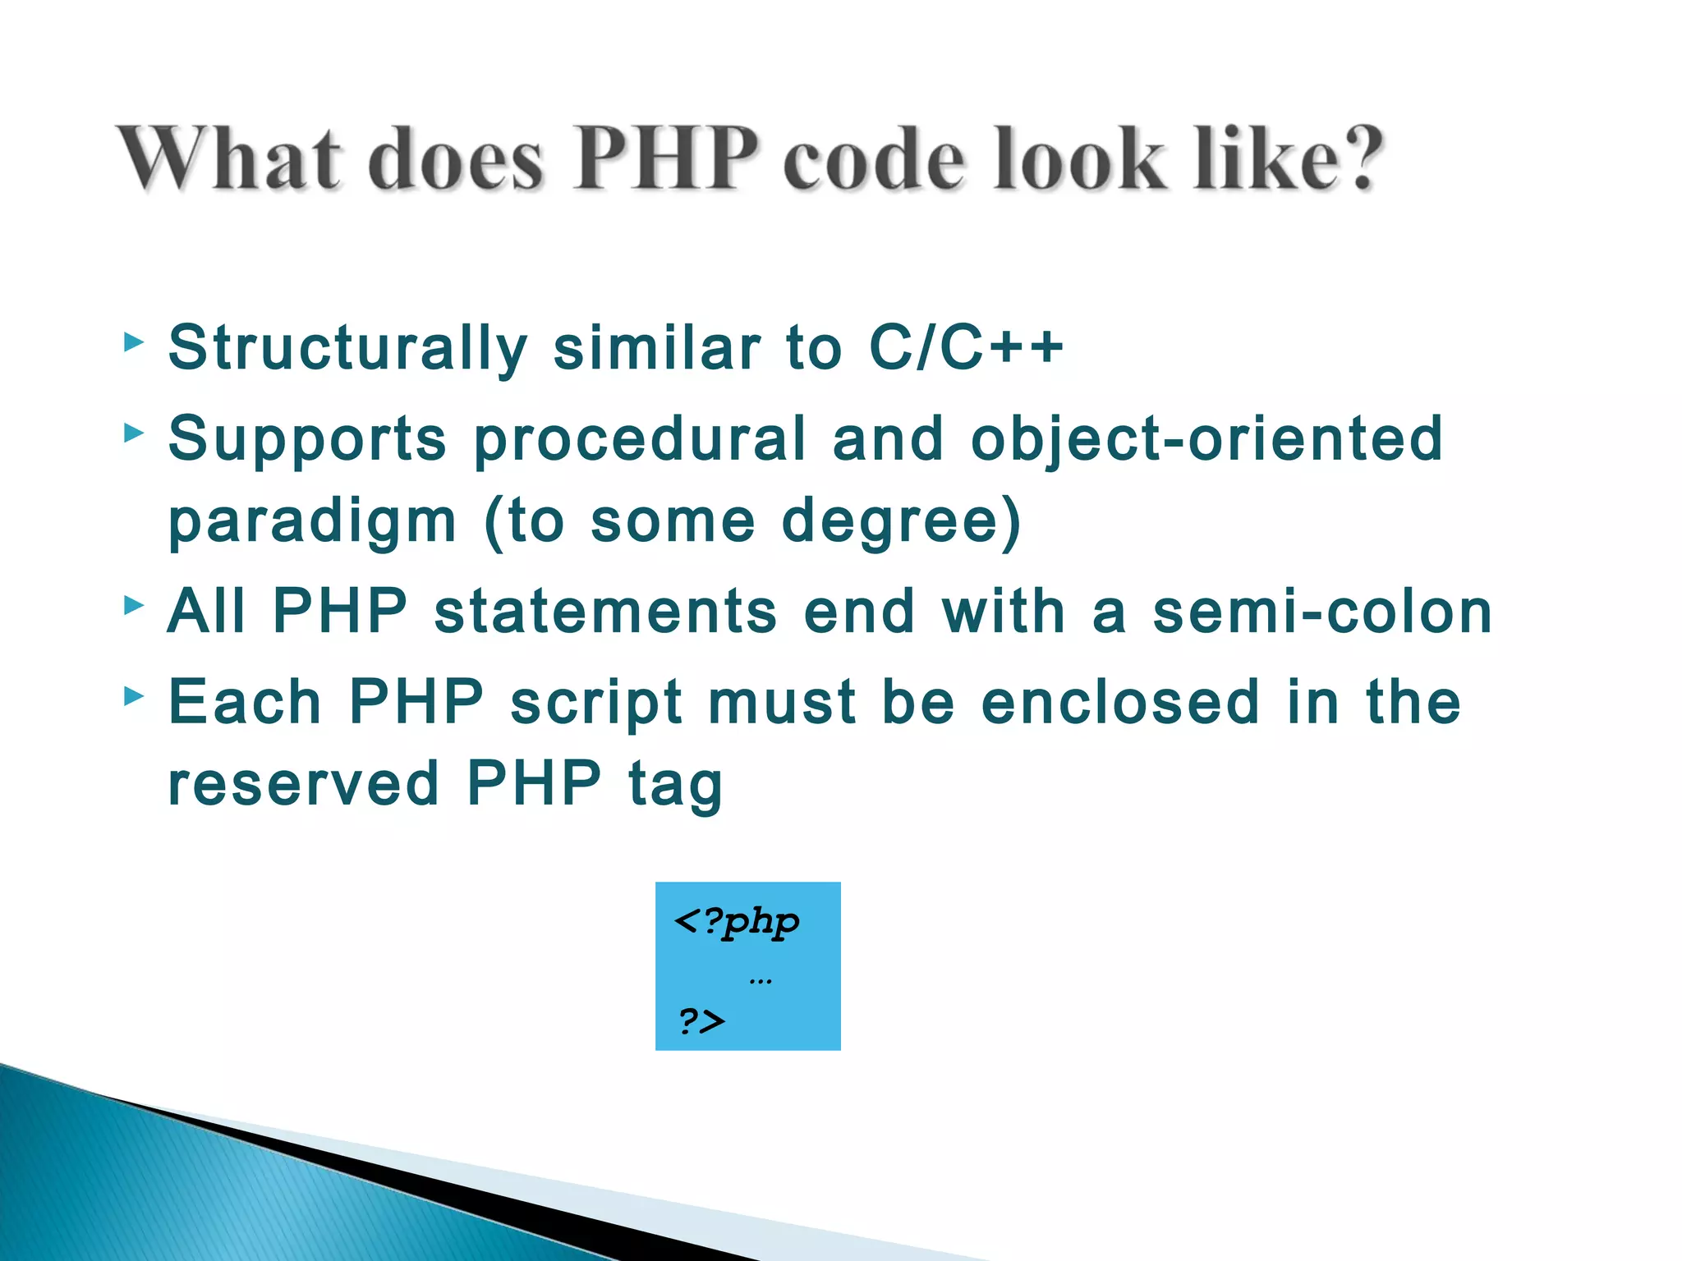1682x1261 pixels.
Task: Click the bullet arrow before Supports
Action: tap(133, 433)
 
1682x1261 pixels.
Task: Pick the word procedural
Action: tap(641, 440)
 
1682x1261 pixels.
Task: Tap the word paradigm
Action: tap(312, 523)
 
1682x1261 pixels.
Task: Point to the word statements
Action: tap(605, 612)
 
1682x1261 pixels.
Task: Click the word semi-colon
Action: tap(1322, 612)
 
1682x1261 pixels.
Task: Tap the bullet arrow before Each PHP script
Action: tap(133, 697)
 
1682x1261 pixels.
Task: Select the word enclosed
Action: tap(1120, 703)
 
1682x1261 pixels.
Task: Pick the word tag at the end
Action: tap(675, 786)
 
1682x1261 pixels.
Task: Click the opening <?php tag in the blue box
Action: tap(736, 923)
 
